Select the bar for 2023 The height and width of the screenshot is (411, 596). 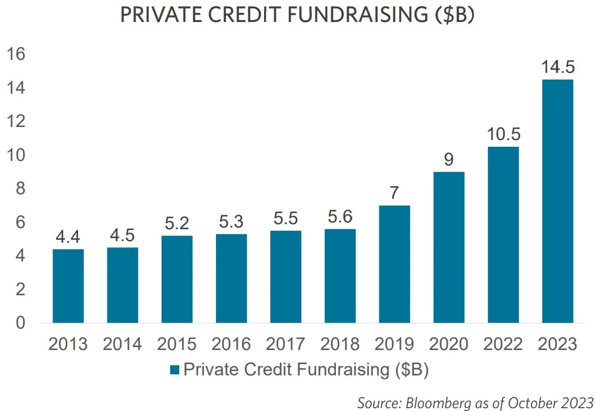pos(557,201)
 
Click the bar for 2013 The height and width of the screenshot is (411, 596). pos(68,286)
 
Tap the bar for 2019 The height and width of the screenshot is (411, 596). pos(394,264)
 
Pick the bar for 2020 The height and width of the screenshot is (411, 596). pos(448,247)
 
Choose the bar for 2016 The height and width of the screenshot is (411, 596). pos(231,278)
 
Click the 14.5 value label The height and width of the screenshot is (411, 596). pos(557,67)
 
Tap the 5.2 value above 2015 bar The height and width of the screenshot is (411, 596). pos(176,224)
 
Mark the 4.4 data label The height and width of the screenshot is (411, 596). pos(68,237)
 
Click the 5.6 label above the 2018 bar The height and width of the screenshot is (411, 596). pos(340,217)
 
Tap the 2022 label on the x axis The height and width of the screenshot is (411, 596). pos(503,344)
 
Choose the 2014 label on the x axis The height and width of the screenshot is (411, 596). pos(122,344)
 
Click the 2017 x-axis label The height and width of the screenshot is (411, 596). pos(286,344)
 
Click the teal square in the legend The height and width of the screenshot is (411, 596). pos(174,370)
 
